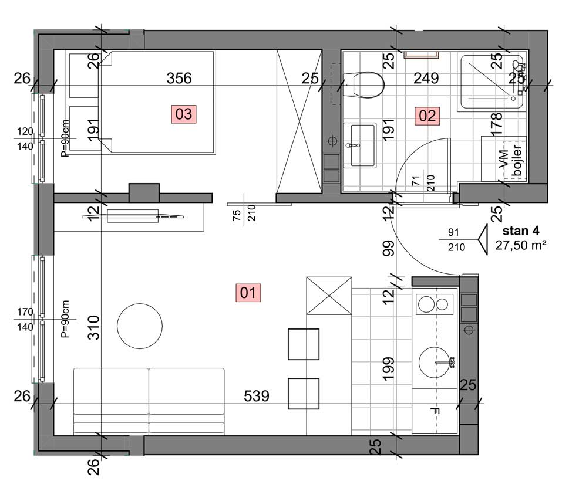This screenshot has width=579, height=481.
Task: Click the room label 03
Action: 184,114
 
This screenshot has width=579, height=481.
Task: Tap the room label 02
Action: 427,116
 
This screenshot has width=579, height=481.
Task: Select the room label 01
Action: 248,293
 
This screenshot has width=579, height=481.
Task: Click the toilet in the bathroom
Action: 363,85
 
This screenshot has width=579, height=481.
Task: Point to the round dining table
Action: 140,326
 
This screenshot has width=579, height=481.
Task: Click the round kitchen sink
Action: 436,363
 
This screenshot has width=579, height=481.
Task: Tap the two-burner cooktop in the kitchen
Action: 435,304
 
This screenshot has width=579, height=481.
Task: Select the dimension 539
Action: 256,396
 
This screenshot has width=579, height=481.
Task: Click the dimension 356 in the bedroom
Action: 179,78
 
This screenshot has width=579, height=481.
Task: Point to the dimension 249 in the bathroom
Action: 426,78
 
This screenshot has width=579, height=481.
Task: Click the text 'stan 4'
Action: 521,231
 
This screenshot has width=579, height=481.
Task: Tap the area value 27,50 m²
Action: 521,245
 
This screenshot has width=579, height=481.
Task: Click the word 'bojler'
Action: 517,161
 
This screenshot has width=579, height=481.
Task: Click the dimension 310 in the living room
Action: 94,327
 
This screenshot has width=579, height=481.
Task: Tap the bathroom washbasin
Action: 359,145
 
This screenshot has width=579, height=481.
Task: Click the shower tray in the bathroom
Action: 491,82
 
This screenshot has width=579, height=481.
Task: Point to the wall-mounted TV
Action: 133,216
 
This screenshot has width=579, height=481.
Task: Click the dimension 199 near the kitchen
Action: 389,369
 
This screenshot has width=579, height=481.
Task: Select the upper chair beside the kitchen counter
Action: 304,344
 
